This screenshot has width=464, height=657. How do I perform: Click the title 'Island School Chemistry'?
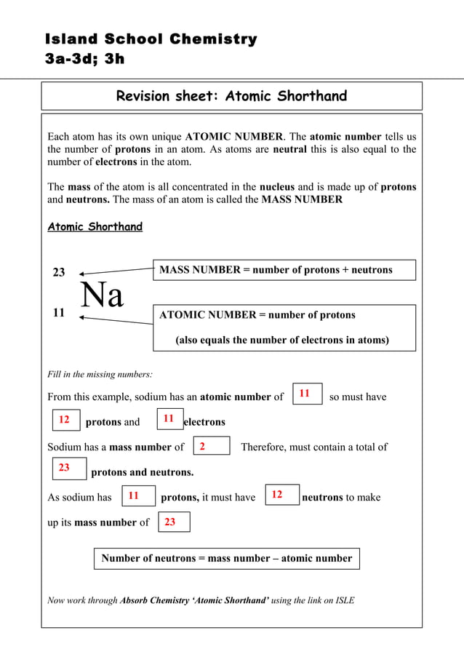151,39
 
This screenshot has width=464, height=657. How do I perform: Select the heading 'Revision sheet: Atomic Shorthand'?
231,96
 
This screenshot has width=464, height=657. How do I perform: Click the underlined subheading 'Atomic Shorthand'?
95,227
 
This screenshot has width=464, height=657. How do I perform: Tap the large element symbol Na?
102,295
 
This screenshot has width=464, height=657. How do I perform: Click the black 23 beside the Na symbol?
59,272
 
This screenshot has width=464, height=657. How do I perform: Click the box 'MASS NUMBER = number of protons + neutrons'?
284,270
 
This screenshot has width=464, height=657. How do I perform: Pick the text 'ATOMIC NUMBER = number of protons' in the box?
257,315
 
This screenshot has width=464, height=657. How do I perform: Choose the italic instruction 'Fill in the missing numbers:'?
100,374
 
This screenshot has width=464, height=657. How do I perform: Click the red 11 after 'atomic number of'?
305,394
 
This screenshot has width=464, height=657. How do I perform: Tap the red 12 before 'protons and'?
64,420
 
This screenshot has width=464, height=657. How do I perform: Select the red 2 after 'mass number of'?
202,446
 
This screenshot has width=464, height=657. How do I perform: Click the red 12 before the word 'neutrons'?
277,495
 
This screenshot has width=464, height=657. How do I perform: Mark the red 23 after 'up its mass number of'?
169,522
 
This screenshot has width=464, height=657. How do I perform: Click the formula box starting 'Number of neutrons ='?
226,559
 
